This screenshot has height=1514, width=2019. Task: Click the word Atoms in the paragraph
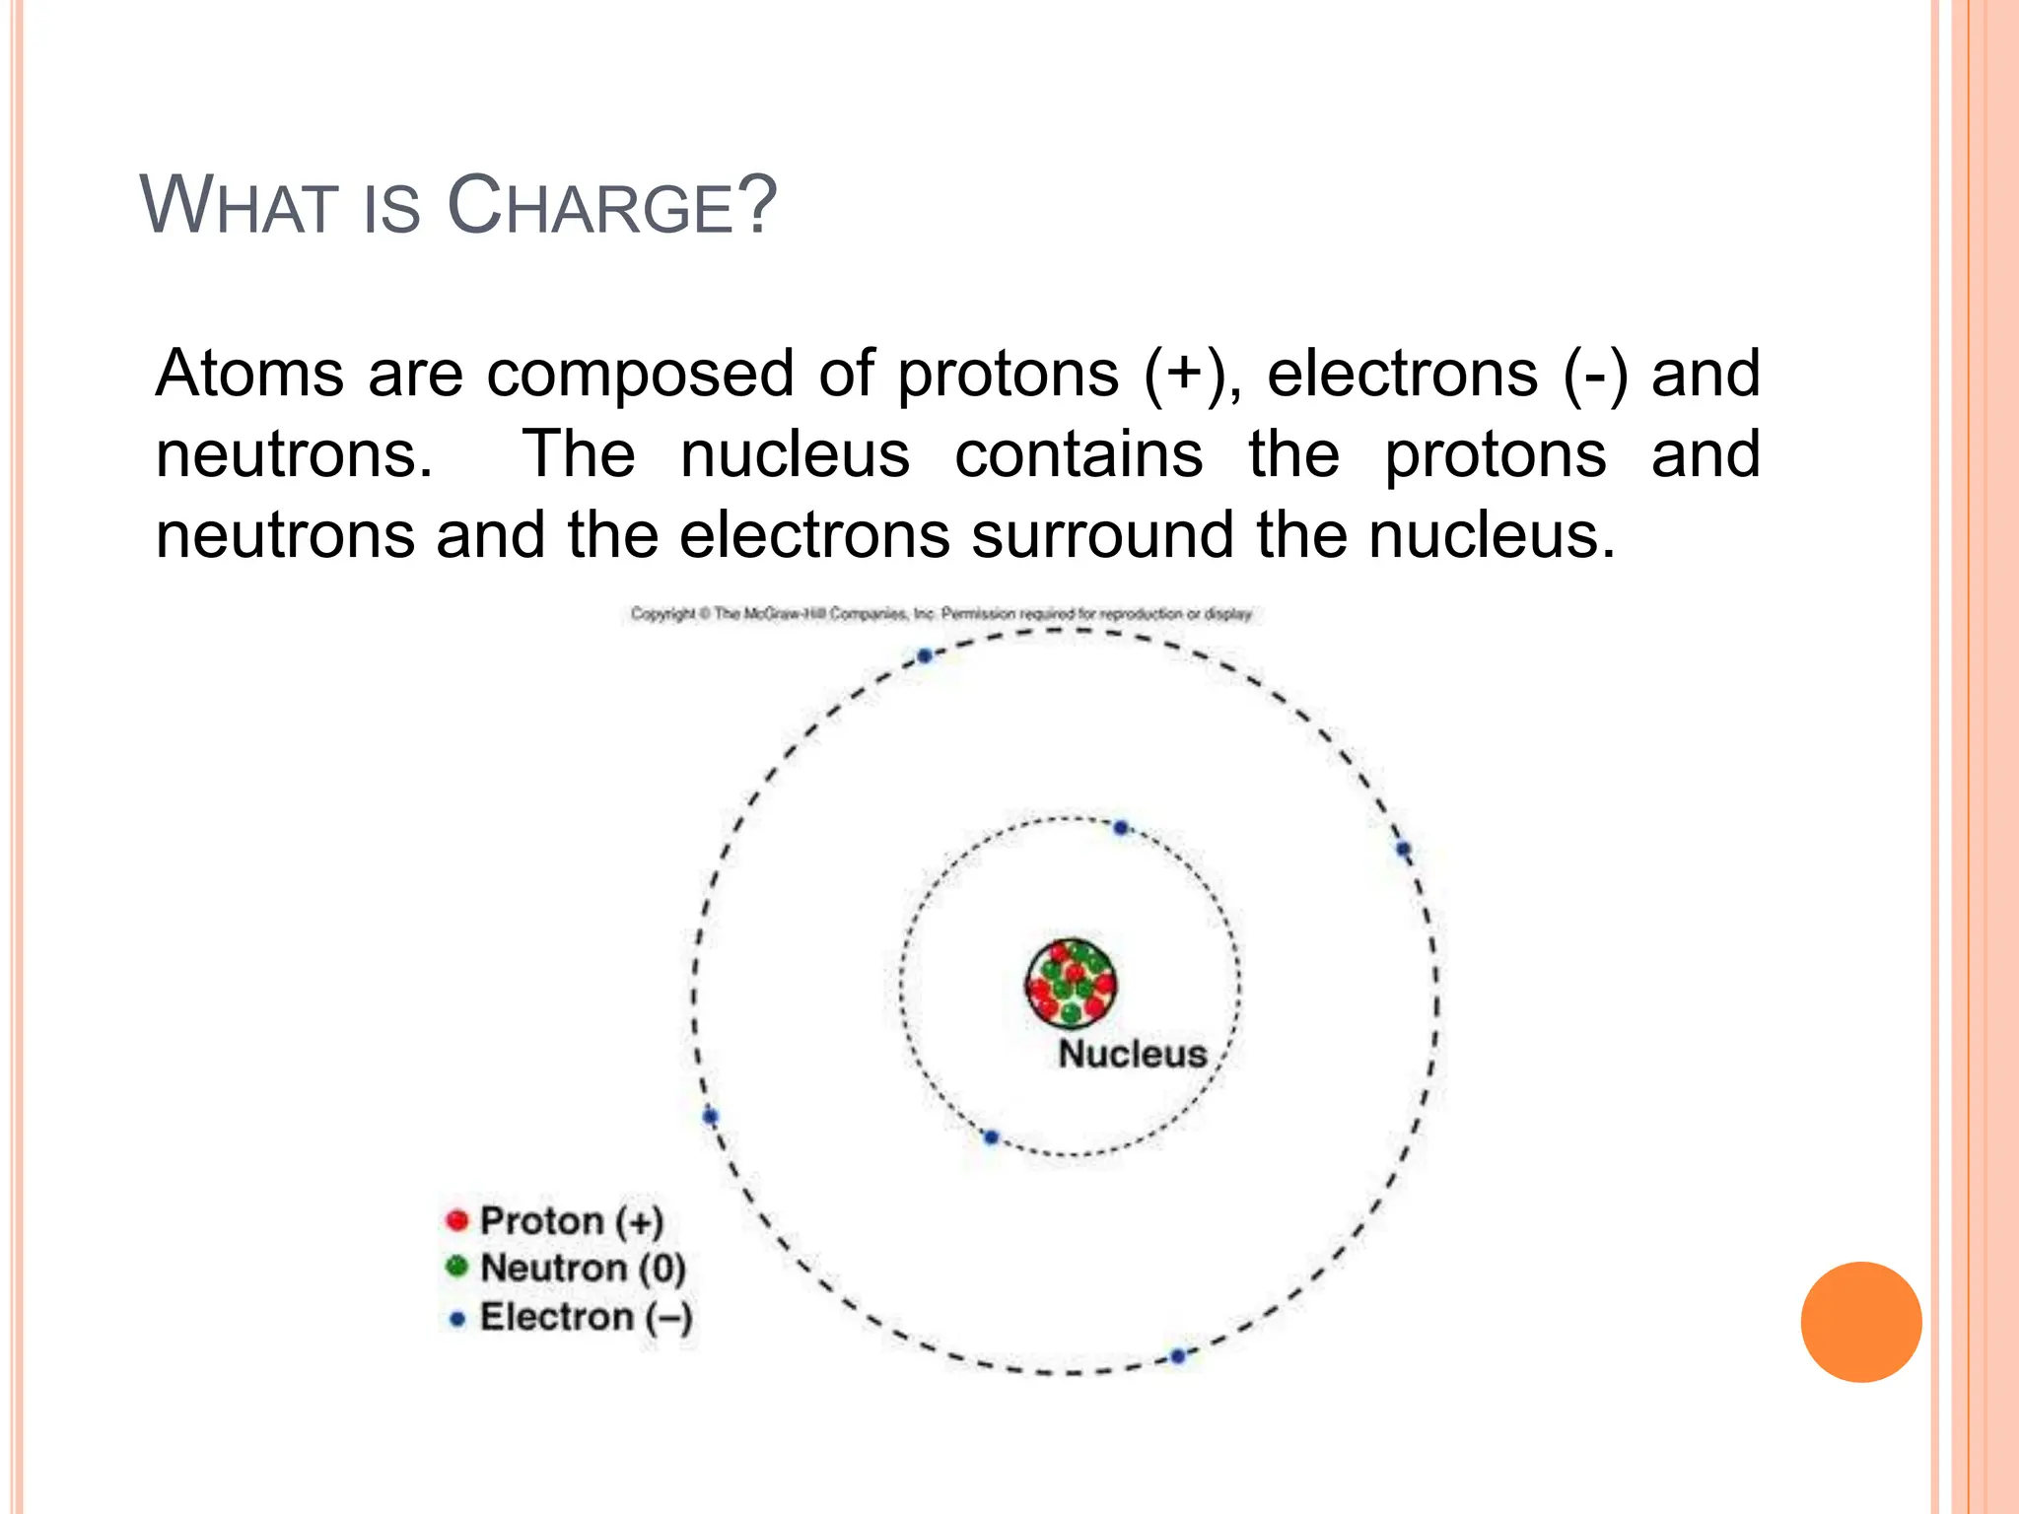click(249, 374)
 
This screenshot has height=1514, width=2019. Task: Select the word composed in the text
click(640, 374)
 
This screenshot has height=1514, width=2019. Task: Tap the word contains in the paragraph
click(1079, 454)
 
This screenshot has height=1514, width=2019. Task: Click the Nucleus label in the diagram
click(1132, 1054)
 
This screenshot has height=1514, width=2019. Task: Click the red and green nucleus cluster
click(1071, 984)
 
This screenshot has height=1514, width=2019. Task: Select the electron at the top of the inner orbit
click(1121, 828)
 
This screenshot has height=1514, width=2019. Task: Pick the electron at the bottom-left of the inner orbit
click(991, 1137)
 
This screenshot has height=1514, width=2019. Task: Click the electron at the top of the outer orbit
click(925, 655)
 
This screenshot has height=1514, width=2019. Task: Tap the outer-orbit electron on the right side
click(1403, 849)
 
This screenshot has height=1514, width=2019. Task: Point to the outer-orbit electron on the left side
click(710, 1116)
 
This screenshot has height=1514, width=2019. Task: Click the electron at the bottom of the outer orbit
click(1177, 1356)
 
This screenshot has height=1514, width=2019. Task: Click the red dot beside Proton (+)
click(456, 1220)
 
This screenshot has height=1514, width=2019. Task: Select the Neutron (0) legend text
click(582, 1269)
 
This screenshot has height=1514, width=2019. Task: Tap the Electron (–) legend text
click(586, 1317)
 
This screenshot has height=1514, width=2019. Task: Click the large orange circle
click(1860, 1322)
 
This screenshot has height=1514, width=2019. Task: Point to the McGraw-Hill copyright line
click(941, 614)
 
